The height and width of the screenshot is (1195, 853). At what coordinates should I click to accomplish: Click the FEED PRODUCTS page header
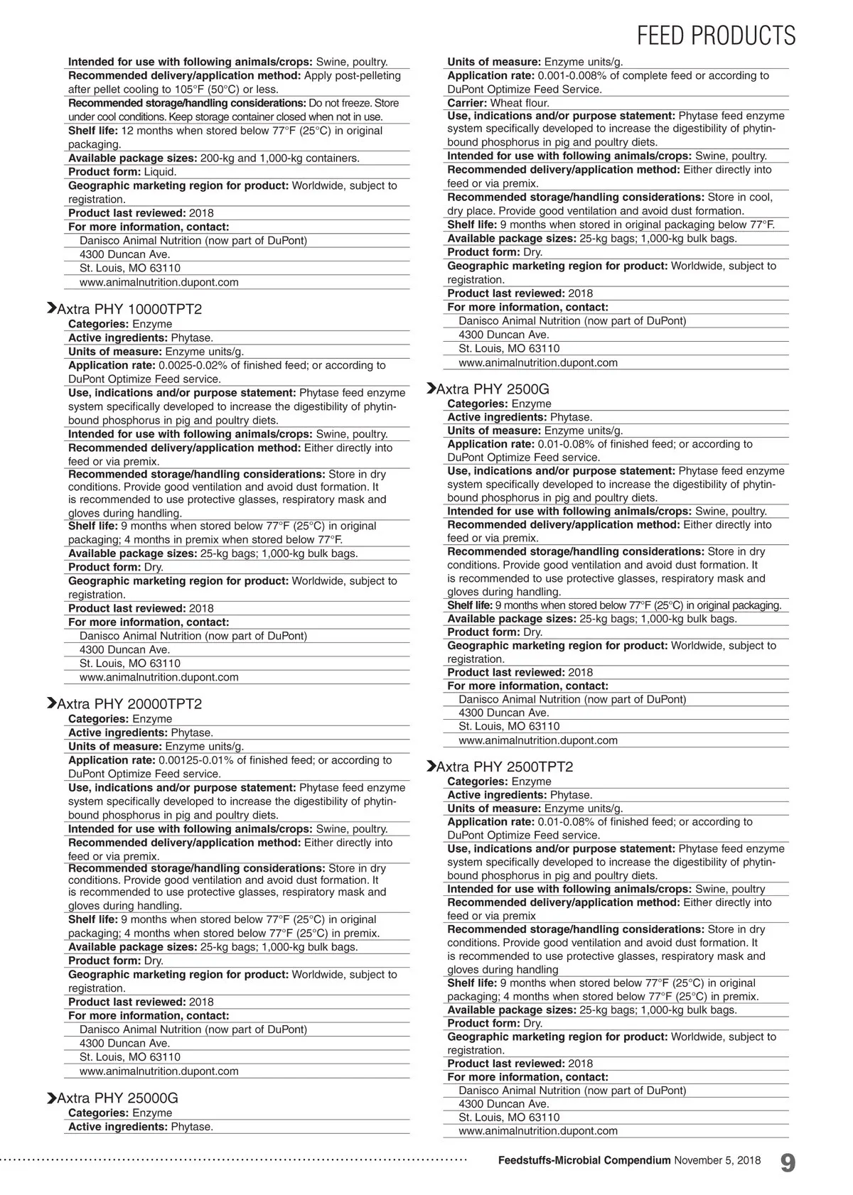[716, 35]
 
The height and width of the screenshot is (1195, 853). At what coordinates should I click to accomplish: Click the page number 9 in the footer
[788, 1163]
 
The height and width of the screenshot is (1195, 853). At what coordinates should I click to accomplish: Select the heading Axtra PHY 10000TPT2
[129, 309]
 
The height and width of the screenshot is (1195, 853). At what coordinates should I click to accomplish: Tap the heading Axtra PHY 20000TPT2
[129, 704]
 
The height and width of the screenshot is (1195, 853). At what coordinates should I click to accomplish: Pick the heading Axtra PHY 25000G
[117, 1098]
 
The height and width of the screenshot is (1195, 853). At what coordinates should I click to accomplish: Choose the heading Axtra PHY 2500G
[493, 389]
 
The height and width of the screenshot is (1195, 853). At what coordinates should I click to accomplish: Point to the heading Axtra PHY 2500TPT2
[504, 767]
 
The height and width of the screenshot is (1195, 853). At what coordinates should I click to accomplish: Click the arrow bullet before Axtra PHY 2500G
[430, 389]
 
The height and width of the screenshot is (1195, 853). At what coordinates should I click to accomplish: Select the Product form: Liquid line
[122, 172]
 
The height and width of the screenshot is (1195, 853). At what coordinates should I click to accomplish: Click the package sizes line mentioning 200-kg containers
[213, 158]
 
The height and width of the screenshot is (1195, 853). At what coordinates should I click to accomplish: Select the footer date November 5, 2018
[717, 1161]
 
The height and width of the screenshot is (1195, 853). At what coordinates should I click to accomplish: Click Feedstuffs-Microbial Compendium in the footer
[584, 1161]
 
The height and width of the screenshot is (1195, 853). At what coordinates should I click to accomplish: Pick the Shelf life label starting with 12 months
[93, 131]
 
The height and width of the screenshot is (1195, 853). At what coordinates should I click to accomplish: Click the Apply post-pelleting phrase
[352, 75]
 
